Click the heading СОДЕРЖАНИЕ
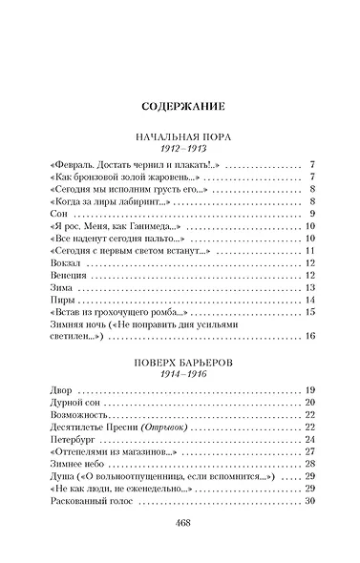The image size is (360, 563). click(x=180, y=107)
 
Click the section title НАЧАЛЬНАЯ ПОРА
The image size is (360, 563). click(x=180, y=138)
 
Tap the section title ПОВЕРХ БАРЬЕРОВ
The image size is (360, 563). click(x=180, y=364)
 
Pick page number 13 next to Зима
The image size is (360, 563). click(x=309, y=287)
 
